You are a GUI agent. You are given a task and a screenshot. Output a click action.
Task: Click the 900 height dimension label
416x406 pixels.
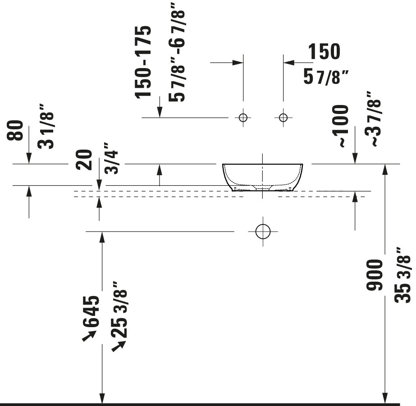pyautogui.click(x=375, y=275)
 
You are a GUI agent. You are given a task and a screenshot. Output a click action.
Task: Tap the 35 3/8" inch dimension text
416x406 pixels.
pyautogui.click(x=402, y=275)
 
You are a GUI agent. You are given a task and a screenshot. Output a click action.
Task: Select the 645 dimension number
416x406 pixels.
pyautogui.click(x=91, y=311)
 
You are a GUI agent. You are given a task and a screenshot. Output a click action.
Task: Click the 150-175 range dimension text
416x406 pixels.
pyautogui.click(x=143, y=62)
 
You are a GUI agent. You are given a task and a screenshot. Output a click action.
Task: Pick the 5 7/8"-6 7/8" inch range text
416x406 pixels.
pyautogui.click(x=176, y=52)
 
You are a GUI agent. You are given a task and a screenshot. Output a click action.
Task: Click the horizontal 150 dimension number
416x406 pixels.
pyautogui.click(x=324, y=51)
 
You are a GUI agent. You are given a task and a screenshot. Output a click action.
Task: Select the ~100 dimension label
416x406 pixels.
pyautogui.click(x=340, y=126)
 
